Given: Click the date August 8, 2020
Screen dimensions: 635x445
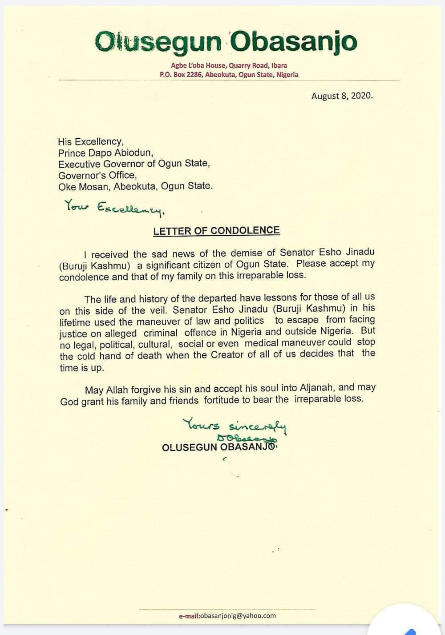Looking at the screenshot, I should click(x=342, y=96).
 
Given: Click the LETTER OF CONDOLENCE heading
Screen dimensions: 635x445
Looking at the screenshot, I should click(x=216, y=231).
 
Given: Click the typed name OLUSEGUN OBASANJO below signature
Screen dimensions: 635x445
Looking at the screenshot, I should click(x=220, y=447).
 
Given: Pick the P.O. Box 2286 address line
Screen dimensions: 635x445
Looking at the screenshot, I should click(x=229, y=75).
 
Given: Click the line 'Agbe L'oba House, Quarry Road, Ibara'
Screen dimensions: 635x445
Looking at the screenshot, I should click(x=229, y=66).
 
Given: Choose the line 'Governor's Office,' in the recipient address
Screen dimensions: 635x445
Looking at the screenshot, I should click(x=97, y=175).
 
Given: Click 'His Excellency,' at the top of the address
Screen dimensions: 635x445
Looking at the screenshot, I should click(x=90, y=141).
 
